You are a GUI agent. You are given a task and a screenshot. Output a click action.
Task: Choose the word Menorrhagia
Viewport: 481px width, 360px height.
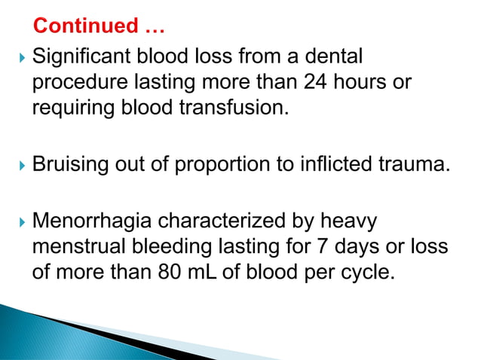(94, 222)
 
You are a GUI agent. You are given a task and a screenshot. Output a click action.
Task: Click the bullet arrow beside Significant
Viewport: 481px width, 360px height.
(19, 57)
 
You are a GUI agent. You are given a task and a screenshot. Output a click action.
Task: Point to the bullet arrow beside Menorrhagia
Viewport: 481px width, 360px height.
(19, 223)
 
